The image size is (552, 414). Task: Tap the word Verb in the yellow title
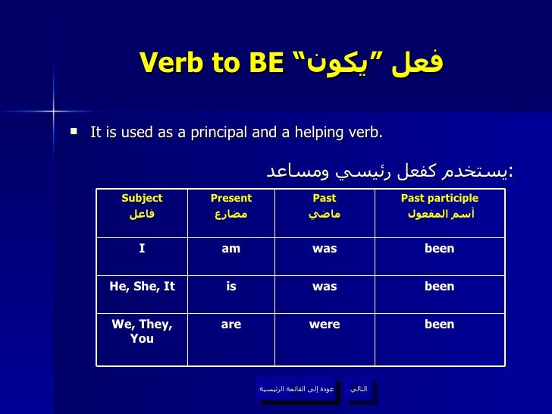coord(171,62)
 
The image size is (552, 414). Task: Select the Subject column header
coord(142,213)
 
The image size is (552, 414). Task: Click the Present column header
coord(231,213)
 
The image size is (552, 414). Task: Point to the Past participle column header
coord(440,213)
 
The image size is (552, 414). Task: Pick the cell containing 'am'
coord(231,256)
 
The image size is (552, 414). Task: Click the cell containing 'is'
coord(231,295)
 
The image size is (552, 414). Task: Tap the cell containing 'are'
coord(231,340)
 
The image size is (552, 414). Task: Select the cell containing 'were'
coord(325,340)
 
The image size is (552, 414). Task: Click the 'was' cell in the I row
coord(325,256)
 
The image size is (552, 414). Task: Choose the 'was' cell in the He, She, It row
coord(325,295)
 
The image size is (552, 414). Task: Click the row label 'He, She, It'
coord(143,286)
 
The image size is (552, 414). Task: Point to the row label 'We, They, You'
coord(142,331)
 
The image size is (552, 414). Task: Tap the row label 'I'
coord(142,248)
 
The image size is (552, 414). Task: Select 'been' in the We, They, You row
coord(439,324)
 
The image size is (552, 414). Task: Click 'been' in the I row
coord(439,248)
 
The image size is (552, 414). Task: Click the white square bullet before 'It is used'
coord(74,132)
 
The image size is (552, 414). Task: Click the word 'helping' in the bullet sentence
coord(319,133)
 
